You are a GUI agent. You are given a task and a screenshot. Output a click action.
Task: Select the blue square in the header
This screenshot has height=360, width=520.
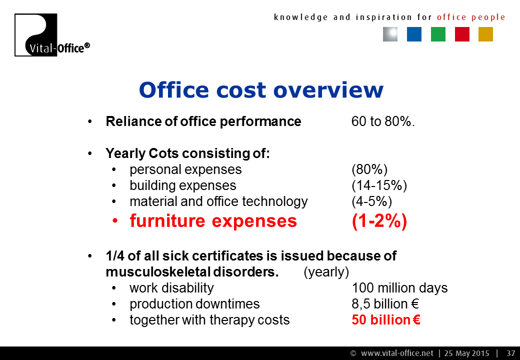(x=414, y=34)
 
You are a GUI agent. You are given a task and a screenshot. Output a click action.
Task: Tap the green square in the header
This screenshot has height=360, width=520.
(x=438, y=34)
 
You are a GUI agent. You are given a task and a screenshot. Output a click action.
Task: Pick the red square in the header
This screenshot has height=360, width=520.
(x=462, y=34)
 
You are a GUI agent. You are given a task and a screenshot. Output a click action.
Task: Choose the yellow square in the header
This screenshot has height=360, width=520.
(x=485, y=34)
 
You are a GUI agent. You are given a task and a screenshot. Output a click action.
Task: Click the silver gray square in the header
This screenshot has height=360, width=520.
(x=390, y=34)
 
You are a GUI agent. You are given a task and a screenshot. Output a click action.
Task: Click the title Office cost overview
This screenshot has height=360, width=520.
(x=261, y=90)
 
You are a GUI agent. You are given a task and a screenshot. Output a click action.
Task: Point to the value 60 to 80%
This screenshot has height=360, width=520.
(x=383, y=121)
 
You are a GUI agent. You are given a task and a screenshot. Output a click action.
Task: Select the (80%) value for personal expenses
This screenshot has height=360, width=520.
(x=369, y=169)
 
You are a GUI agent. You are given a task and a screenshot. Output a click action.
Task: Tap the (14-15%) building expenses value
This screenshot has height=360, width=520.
(x=379, y=185)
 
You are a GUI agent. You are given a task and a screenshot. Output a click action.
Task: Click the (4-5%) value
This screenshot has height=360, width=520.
(x=372, y=201)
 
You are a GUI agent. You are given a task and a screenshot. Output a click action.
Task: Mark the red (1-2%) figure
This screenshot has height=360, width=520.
(x=379, y=221)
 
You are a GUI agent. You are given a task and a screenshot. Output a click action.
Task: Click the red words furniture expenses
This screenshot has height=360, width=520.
(x=213, y=221)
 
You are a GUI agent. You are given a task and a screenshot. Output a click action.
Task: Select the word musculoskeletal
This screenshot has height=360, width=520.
(x=157, y=272)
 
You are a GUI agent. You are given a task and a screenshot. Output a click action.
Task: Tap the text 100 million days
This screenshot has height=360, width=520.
(x=399, y=288)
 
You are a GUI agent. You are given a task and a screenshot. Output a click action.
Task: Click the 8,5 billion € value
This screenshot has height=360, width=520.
(x=385, y=304)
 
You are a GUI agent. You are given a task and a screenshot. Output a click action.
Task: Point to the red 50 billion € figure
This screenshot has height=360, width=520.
(x=386, y=320)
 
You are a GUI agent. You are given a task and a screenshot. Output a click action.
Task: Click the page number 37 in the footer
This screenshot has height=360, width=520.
(x=510, y=353)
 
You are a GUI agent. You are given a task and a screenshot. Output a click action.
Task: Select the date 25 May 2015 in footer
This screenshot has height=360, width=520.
(x=466, y=353)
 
